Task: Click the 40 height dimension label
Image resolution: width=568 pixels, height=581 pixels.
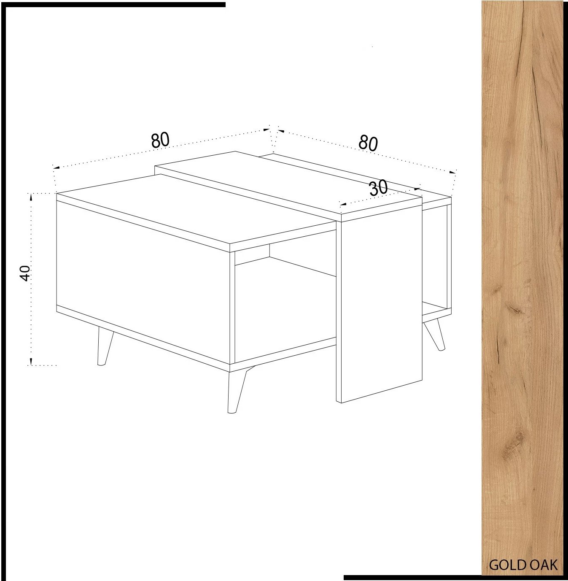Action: click(25, 273)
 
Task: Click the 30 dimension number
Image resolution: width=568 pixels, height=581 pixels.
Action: click(378, 188)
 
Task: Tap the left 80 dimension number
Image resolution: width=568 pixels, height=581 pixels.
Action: click(160, 140)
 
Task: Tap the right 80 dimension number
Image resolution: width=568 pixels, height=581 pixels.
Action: click(368, 143)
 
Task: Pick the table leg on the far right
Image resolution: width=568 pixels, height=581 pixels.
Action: click(435, 335)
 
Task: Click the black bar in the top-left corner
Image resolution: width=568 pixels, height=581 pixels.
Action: click(114, 5)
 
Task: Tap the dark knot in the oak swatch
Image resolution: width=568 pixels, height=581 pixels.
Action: click(515, 310)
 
